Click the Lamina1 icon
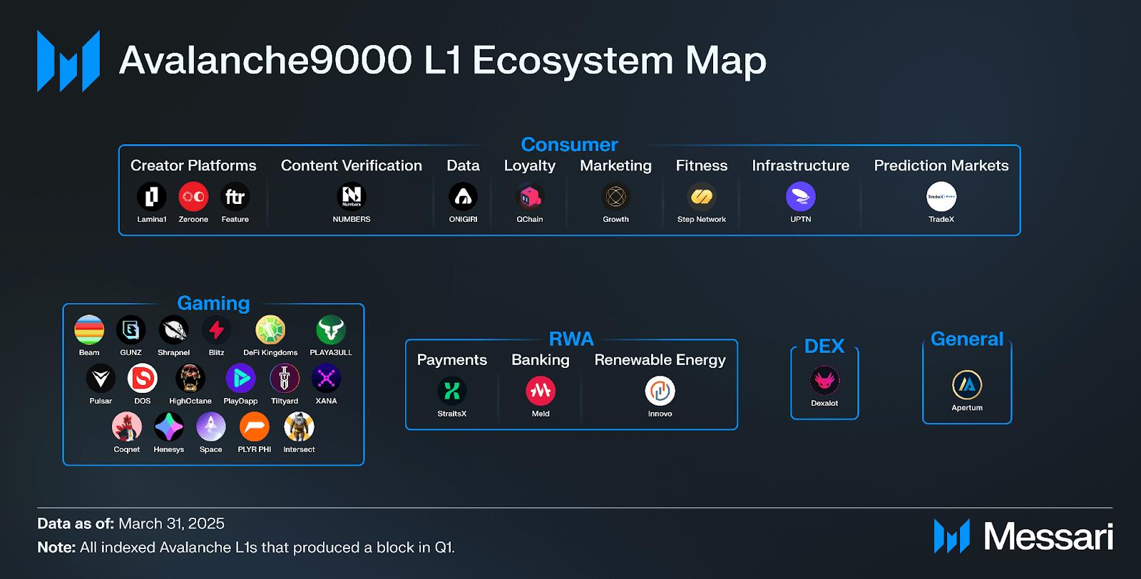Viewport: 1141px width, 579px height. tap(152, 197)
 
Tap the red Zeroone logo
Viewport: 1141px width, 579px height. tap(193, 197)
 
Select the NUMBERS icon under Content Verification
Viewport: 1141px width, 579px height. tap(352, 197)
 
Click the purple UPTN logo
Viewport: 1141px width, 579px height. tap(801, 197)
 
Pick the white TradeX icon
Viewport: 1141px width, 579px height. tap(941, 197)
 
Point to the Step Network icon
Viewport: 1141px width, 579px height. tap(702, 197)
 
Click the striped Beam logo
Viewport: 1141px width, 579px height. tap(89, 330)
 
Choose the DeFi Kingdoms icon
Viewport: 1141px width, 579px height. tap(270, 330)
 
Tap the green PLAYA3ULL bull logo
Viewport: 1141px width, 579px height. tap(331, 330)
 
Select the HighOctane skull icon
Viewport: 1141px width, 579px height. tap(190, 379)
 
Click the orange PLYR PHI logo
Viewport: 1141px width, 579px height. tap(254, 426)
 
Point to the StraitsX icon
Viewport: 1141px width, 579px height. tap(452, 391)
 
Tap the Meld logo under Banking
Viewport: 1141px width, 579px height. tap(541, 391)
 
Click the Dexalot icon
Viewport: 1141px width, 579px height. tap(824, 380)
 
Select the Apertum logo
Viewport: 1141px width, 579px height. tap(967, 385)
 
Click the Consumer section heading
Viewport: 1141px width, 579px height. tap(570, 145)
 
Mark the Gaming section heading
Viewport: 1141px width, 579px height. tap(213, 304)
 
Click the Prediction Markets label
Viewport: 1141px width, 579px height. tap(941, 165)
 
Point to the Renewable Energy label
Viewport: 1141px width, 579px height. tap(660, 360)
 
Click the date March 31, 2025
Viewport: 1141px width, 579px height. tap(172, 523)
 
